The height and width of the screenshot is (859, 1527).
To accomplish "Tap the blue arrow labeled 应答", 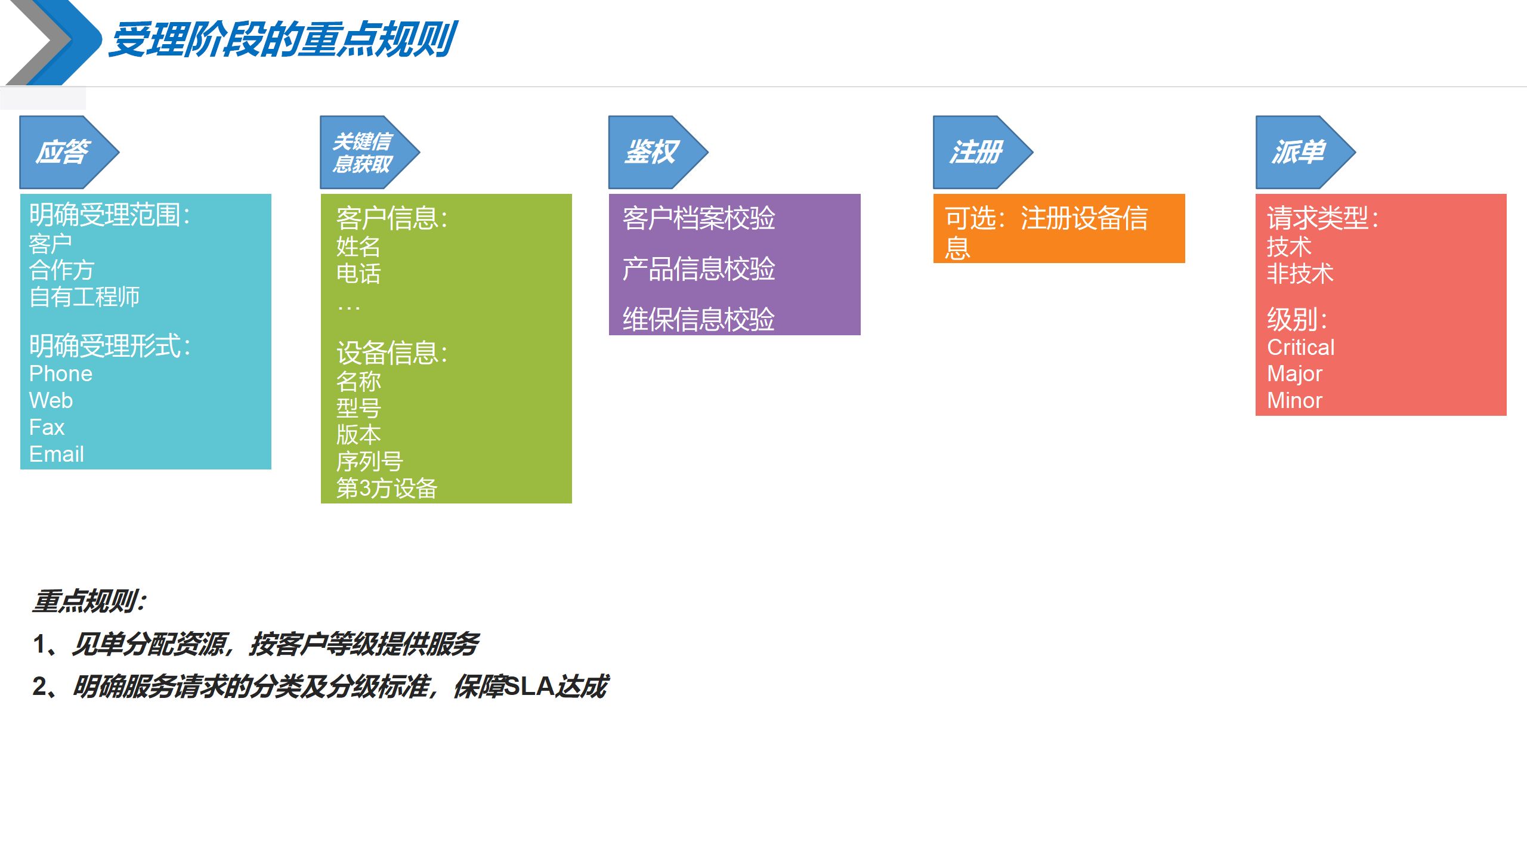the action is [x=66, y=152].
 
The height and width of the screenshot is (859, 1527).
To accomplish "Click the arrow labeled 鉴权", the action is [x=654, y=152].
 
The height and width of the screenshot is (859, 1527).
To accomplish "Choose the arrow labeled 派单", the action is [x=1301, y=152].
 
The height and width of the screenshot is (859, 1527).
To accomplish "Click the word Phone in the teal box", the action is [x=61, y=374].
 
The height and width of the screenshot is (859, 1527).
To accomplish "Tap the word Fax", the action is [x=47, y=427].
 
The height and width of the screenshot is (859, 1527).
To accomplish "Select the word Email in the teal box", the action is [x=57, y=454].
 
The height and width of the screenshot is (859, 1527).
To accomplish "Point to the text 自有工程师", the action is [x=85, y=296].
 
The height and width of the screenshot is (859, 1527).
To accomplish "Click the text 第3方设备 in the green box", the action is [x=387, y=489].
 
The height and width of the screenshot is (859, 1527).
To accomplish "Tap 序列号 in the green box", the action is [x=370, y=462].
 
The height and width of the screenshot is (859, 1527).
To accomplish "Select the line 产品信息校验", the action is [x=698, y=268].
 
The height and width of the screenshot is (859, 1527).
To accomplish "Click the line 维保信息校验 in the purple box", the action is [x=698, y=319].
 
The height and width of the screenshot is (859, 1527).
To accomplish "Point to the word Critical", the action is [x=1300, y=347].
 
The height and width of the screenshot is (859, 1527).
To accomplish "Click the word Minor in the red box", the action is [x=1294, y=400].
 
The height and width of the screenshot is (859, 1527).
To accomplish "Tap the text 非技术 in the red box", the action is [x=1300, y=274].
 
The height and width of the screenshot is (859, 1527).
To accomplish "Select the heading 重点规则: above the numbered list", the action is [x=89, y=601].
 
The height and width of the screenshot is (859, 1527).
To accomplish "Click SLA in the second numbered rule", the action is [x=528, y=687].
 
